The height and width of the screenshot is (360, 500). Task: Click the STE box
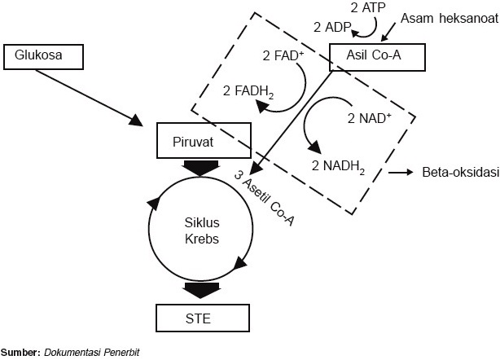click(199, 318)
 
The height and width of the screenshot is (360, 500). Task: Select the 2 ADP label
click(331, 26)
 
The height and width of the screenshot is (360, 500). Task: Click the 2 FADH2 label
click(248, 91)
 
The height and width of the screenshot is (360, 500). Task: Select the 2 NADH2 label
click(338, 168)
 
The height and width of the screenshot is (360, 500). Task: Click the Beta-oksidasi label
click(459, 173)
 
